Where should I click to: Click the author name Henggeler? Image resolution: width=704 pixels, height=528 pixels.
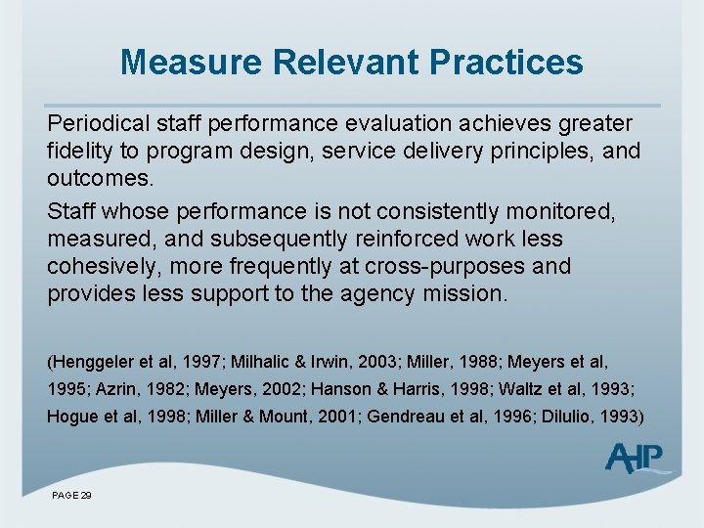[x=94, y=362]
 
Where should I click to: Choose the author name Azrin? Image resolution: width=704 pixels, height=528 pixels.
[x=115, y=388]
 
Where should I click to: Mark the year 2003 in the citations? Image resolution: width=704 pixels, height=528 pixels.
[x=384, y=362]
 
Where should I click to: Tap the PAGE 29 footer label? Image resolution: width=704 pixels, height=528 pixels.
[x=71, y=496]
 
